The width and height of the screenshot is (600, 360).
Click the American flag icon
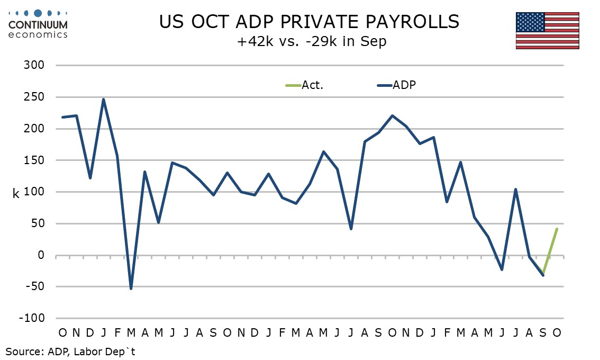click(x=548, y=30)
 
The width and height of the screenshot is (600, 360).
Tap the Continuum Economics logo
click(x=38, y=23)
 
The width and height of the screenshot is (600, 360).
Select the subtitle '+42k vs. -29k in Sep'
click(x=312, y=41)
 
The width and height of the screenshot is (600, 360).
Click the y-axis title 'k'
click(x=16, y=194)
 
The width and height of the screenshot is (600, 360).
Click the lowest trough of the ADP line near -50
click(x=131, y=289)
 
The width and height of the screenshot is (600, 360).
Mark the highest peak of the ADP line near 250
click(x=104, y=99)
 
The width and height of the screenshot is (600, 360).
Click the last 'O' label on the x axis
click(x=557, y=332)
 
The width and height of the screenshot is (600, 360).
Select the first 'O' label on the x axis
click(x=62, y=332)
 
